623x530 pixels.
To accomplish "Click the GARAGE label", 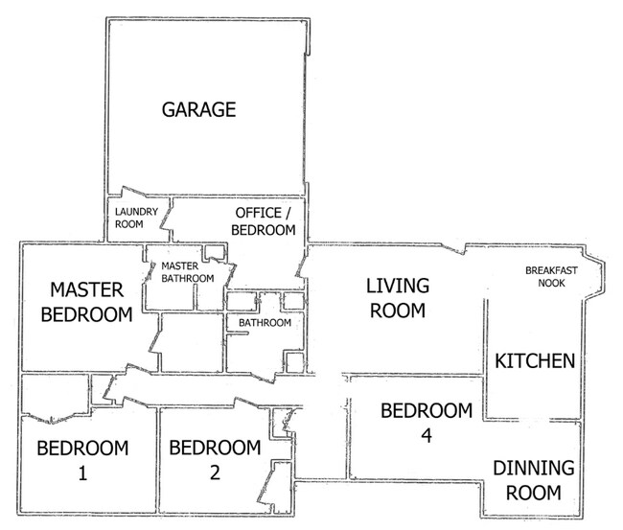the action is [198, 109].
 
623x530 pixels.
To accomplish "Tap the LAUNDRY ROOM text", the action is [136, 218].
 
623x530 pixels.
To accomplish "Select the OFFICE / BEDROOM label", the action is [263, 221].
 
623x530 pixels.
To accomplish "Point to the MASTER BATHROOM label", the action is [188, 272].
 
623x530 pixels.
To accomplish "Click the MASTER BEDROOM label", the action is [86, 302].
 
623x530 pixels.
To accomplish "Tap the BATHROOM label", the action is [265, 323].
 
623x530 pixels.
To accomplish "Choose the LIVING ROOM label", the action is [398, 298].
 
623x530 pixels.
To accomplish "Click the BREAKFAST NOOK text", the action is [551, 277].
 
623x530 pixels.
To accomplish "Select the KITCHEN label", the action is [535, 361].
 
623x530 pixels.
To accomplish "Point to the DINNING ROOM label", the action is [534, 480].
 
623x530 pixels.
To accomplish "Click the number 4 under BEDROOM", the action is [427, 436].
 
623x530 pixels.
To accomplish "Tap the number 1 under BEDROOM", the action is [82, 473].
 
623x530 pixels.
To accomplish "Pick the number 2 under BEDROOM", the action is [215, 472].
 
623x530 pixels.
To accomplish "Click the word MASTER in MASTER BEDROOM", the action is [86, 289].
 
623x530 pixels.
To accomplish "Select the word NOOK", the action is [551, 283].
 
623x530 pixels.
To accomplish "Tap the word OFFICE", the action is [258, 213].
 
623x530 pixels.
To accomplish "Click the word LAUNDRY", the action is [136, 212].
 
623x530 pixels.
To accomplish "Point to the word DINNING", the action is [534, 468].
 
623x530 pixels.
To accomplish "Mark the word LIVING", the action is [398, 286].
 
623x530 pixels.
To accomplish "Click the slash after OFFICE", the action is [288, 213].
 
